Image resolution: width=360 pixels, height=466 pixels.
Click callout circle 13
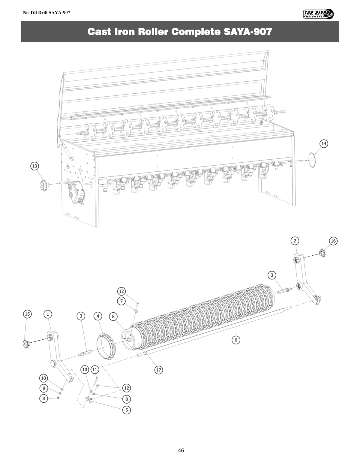click(x=35, y=166)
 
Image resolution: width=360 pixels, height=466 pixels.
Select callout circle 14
click(x=324, y=144)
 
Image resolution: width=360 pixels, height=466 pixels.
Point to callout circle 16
click(x=333, y=241)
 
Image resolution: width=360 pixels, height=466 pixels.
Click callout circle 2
click(x=295, y=241)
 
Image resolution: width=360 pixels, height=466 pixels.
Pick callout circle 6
click(x=236, y=340)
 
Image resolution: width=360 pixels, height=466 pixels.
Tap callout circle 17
click(x=159, y=370)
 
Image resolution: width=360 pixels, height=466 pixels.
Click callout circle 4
click(x=98, y=316)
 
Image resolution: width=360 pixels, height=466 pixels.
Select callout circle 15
click(x=27, y=314)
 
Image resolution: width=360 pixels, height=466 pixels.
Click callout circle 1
click(x=48, y=314)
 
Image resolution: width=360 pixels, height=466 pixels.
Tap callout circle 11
click(x=95, y=369)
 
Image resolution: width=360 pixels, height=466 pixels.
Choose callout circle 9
click(x=44, y=388)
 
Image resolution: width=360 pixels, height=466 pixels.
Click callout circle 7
click(x=121, y=301)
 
